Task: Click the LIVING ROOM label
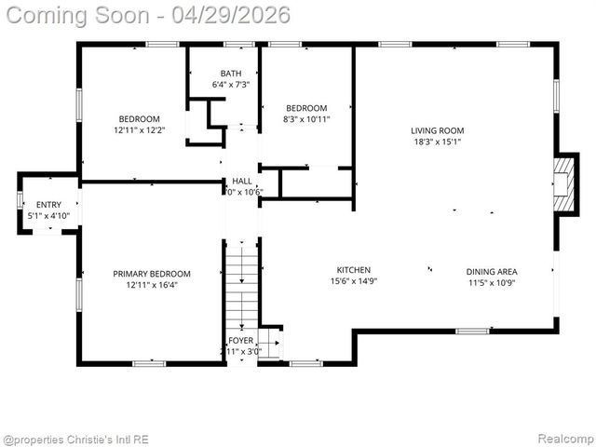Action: tap(438, 130)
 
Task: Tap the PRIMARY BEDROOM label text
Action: tap(152, 274)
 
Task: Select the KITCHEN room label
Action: tap(354, 270)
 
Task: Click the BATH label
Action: tap(231, 74)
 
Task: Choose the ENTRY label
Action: tap(48, 205)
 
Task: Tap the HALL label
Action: tap(242, 182)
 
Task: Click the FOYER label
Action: tap(240, 341)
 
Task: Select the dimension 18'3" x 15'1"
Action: tap(438, 142)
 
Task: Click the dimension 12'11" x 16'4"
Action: tap(152, 285)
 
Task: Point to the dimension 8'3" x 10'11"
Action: tap(306, 119)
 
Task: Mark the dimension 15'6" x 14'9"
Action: tap(354, 281)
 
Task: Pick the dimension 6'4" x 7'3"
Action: tap(231, 85)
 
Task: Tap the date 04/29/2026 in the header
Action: tap(237, 15)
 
